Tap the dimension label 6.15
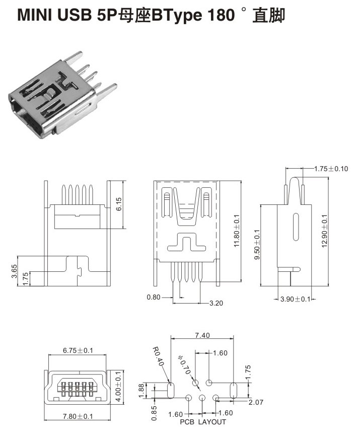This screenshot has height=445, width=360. pyautogui.click(x=118, y=203)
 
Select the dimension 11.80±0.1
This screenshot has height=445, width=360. pyautogui.click(x=237, y=231)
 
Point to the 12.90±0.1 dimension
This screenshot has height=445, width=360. pyautogui.click(x=324, y=230)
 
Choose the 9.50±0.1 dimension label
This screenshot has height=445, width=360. pyautogui.click(x=257, y=245)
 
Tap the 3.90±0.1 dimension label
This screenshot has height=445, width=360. pyautogui.click(x=297, y=300)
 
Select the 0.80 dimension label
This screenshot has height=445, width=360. pyautogui.click(x=153, y=297)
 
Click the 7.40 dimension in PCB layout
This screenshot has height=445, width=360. pyautogui.click(x=202, y=335)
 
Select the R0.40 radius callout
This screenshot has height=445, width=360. pyautogui.click(x=159, y=358)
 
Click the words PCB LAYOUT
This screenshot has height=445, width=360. pyautogui.click(x=203, y=422)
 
